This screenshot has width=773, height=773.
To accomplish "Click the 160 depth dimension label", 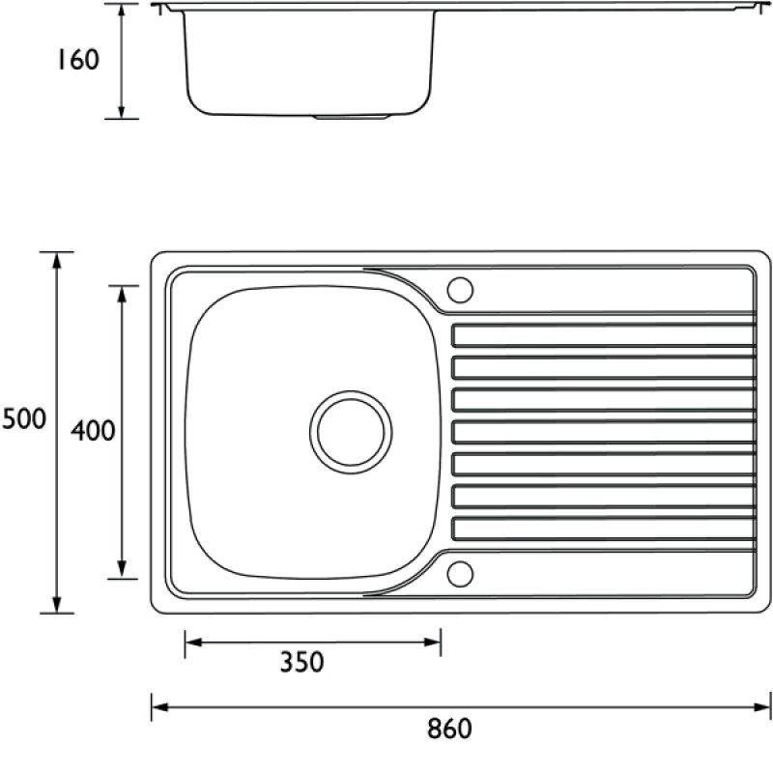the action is point(79,60).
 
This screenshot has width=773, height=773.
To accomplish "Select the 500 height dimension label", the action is point(24,419).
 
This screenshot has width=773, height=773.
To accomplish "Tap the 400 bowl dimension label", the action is point(93,430).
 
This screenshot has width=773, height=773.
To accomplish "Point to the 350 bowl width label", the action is point(301,662).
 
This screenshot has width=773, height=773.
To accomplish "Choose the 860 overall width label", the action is point(449,729).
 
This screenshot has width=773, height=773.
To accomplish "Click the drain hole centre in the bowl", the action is point(351,432).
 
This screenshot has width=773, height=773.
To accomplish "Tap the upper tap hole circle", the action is point(460,290).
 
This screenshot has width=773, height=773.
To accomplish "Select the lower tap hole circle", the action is point(460,574).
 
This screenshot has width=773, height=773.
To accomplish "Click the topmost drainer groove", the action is point(604,335).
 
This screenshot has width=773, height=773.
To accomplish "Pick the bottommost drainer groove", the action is point(604,529).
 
